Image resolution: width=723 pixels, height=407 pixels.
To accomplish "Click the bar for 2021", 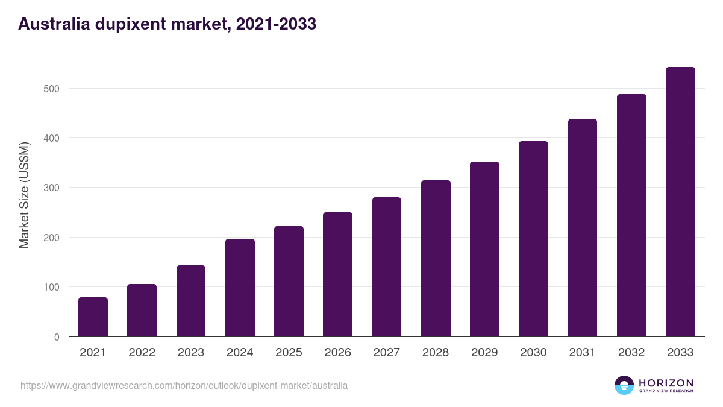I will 93,317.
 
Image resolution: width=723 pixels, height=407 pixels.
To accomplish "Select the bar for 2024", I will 240,288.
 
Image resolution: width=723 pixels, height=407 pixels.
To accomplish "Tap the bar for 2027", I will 387,267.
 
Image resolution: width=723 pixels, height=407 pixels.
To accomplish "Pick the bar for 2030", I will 533,239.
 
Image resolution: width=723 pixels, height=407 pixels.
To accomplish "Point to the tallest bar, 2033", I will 680,202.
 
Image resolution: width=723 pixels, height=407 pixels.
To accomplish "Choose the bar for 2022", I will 142,311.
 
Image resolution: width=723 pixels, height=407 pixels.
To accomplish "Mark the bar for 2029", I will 484,249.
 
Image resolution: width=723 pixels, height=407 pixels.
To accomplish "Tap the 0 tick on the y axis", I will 57,337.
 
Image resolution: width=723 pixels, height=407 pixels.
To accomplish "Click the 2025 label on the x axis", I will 289,353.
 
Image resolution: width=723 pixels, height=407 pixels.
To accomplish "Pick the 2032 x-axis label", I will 631,353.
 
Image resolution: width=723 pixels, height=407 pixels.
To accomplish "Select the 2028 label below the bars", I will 436,353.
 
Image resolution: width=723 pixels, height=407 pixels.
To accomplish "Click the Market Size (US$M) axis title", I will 24,195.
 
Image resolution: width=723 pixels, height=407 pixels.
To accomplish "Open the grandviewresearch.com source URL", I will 184,385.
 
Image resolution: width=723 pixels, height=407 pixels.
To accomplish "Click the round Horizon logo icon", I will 624,385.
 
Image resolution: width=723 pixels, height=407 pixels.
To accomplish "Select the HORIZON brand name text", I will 666,382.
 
